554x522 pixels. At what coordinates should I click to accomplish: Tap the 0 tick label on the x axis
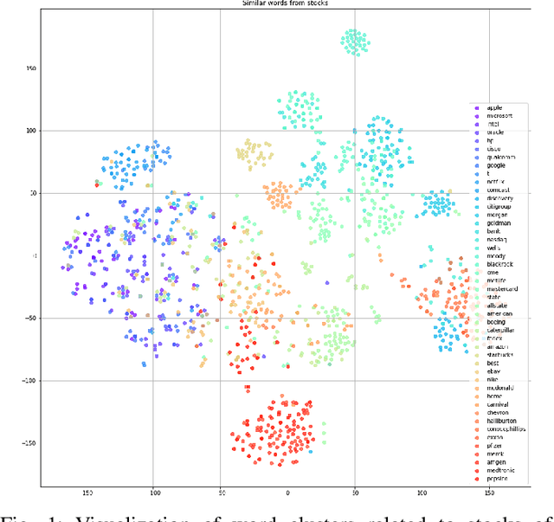coord(287,493)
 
